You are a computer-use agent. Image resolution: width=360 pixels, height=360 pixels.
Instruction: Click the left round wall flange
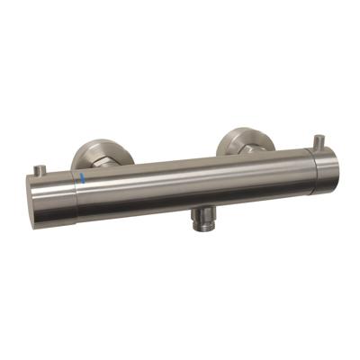94,154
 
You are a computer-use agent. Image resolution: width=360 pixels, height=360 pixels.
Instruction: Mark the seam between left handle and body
76,191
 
